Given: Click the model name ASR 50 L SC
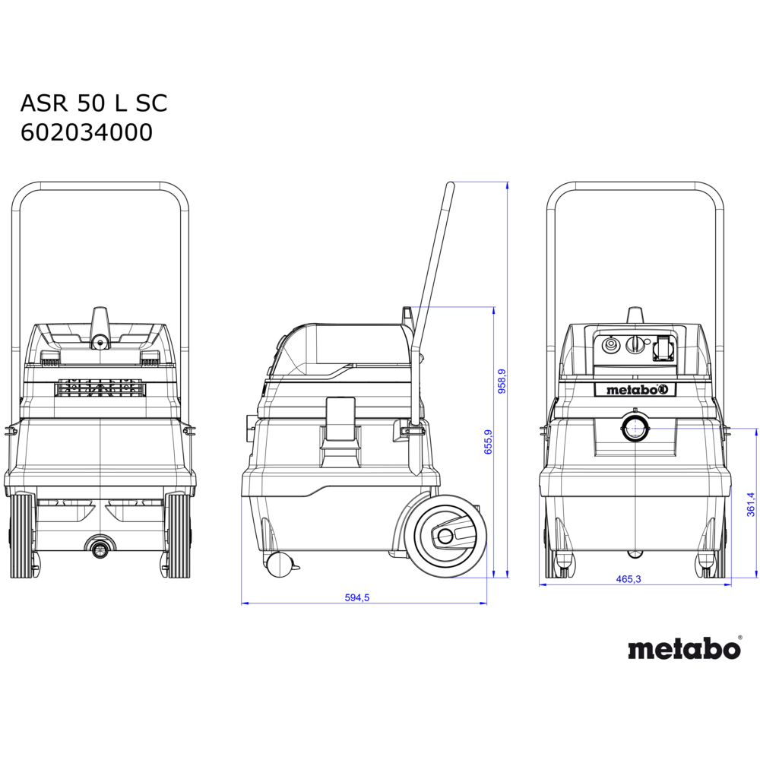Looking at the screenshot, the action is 93,103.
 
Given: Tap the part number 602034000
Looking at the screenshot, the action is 87,132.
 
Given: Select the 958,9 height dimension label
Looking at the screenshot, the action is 502,381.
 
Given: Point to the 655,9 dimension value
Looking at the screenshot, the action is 488,442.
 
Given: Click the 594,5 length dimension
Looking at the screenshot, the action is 356,597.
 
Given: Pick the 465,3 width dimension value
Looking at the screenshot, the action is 629,578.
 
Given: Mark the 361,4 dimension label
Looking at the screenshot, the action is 751,504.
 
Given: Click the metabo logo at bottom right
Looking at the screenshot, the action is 685,648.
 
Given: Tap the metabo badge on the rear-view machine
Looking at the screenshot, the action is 635,389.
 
